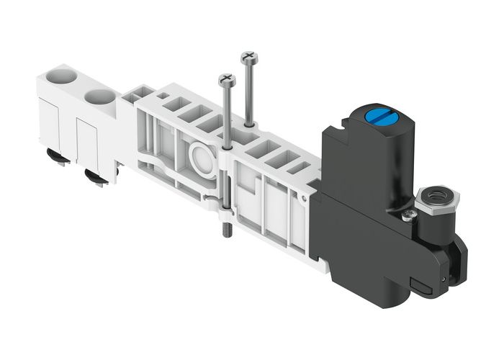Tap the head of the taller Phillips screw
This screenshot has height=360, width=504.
(249, 56)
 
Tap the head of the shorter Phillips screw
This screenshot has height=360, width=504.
(228, 79)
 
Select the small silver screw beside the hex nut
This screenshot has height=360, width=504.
(410, 213)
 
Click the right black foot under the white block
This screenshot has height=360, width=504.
(95, 176)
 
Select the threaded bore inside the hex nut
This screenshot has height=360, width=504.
(432, 192)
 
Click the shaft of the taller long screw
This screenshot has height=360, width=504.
(249, 94)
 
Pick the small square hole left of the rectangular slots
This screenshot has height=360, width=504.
(163, 96)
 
